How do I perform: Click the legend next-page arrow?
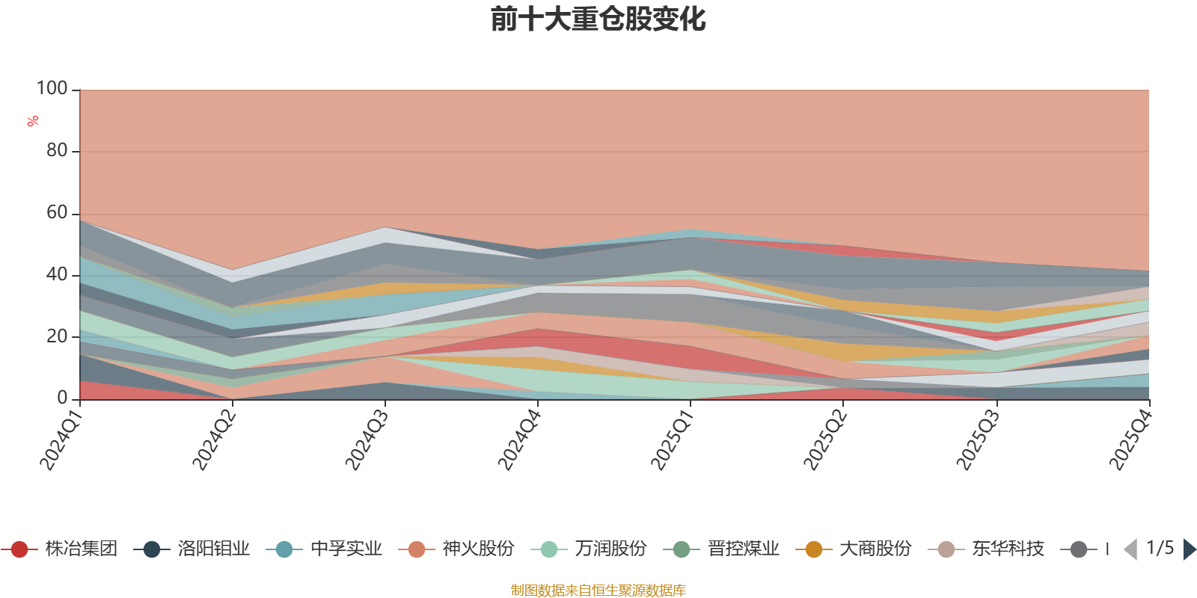tap(1189, 549)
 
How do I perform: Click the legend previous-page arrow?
tap(1130, 549)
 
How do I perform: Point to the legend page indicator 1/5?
tap(1160, 548)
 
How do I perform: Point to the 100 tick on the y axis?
tap(52, 89)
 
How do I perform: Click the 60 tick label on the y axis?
tap(57, 213)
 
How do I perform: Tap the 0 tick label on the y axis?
tap(63, 398)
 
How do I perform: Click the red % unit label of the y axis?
tap(33, 121)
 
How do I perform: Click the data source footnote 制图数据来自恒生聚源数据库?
tap(598, 591)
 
